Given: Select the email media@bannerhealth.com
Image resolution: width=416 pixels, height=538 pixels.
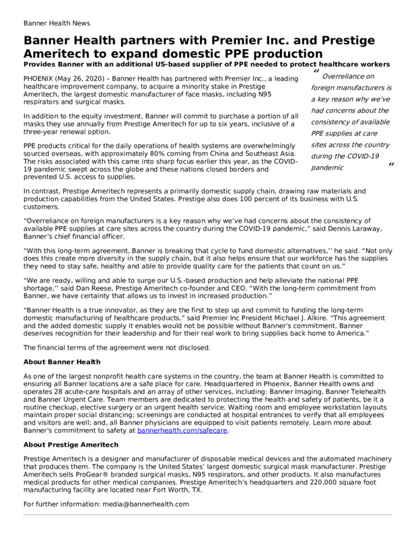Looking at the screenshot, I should [146, 504].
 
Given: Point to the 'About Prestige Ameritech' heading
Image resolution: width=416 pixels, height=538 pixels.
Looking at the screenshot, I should [71, 445].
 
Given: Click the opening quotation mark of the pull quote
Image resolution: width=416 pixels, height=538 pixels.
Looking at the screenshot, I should [316, 72].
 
